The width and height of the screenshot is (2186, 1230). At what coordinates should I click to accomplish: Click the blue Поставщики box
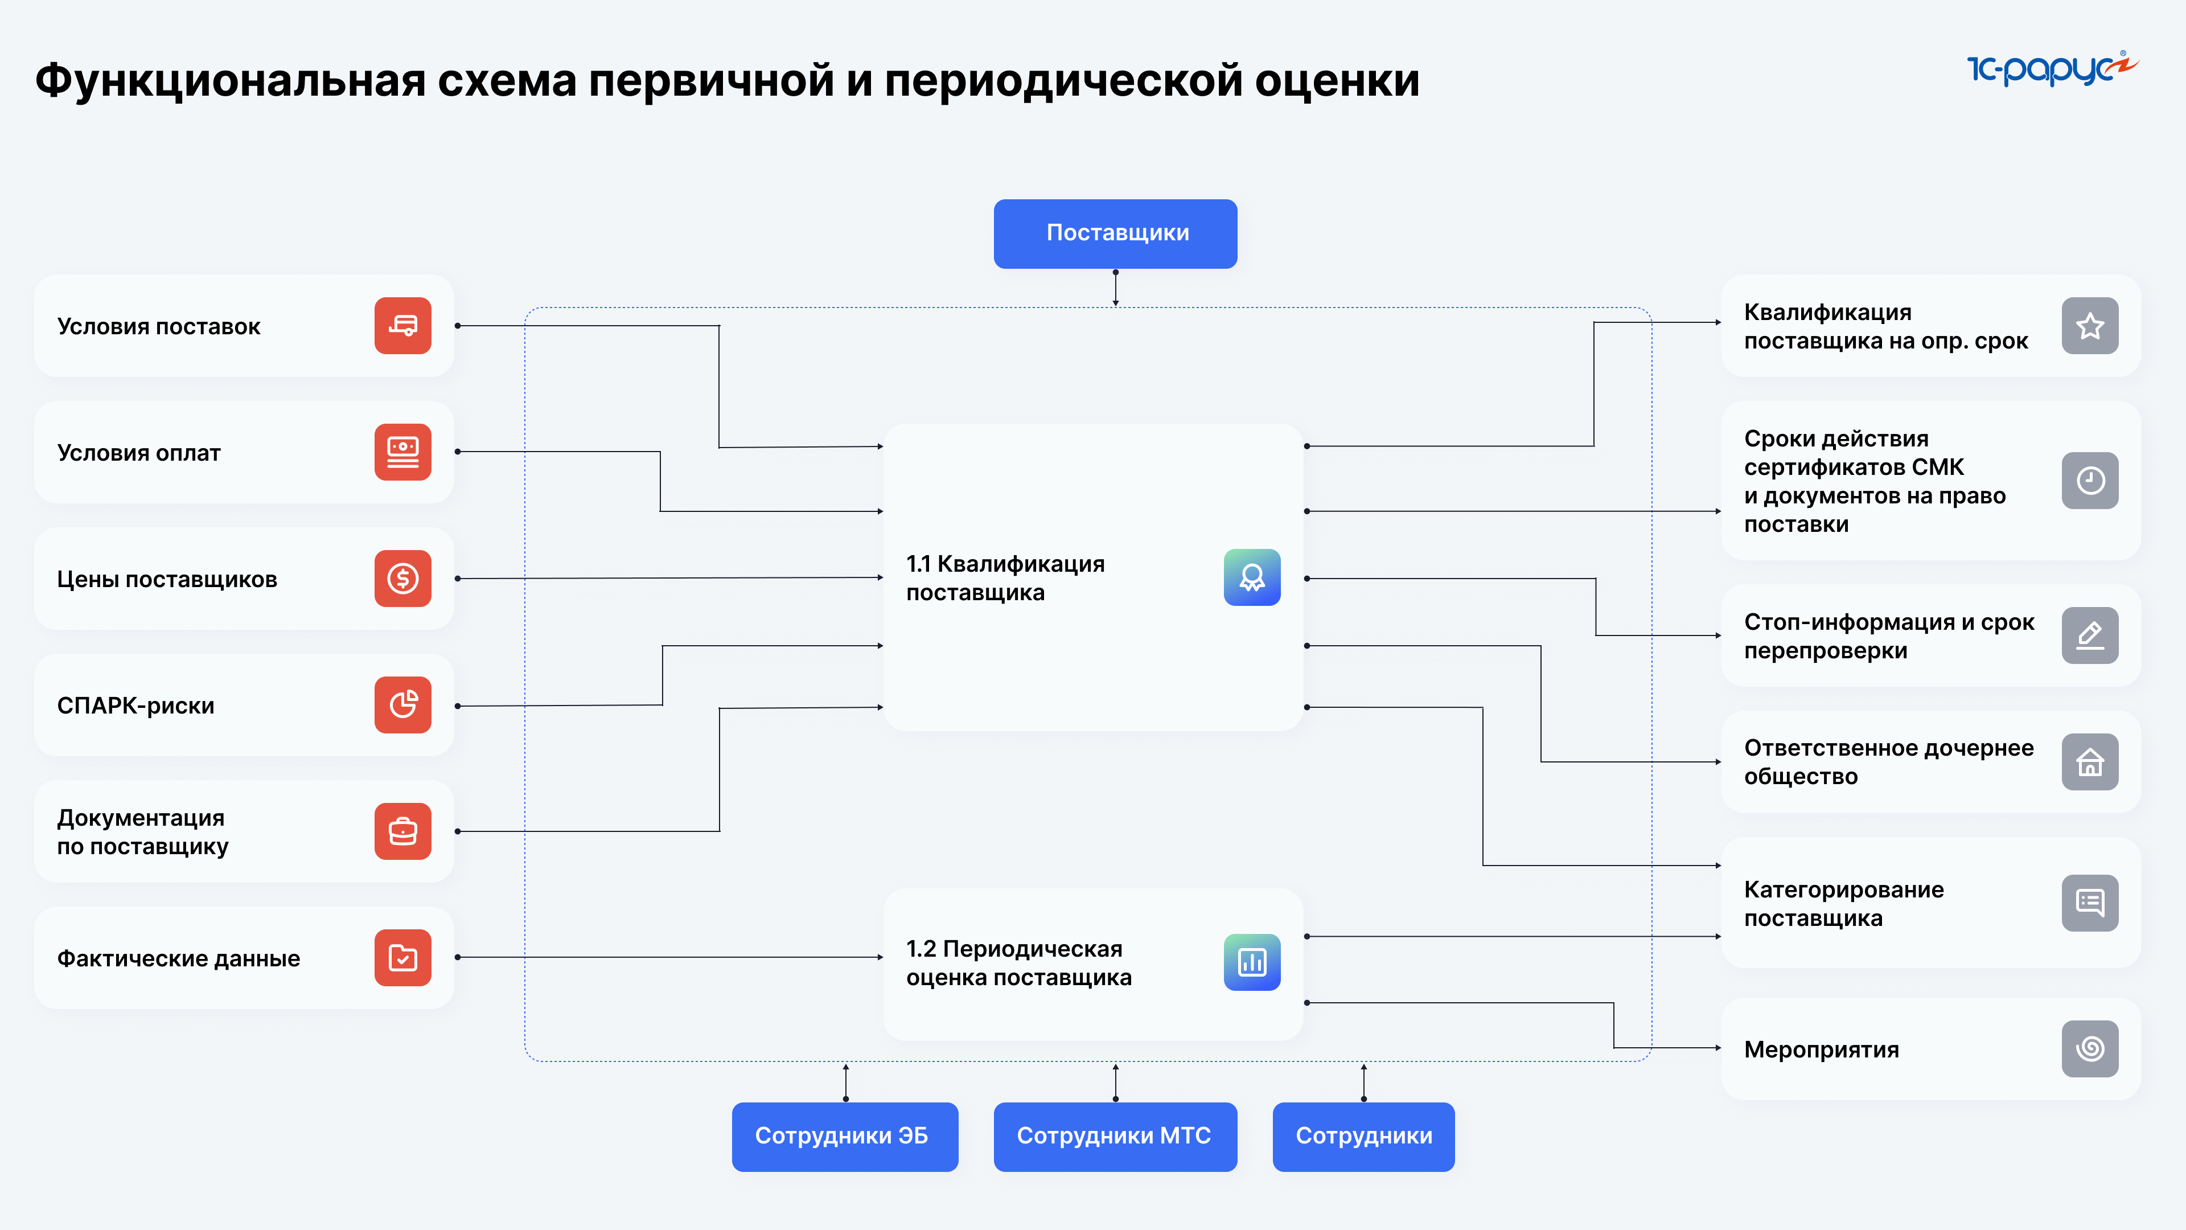1115,233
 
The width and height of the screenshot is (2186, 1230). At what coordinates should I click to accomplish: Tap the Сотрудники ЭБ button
844,1136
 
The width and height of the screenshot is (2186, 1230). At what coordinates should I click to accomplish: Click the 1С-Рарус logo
2052,68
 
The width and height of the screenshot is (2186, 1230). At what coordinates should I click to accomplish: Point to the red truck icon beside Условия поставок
402,325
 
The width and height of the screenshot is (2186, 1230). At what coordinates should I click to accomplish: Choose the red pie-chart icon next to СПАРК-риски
402,704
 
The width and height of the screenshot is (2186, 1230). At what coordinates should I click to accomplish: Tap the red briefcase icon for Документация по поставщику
402,831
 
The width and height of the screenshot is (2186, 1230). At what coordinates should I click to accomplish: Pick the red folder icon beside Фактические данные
402,957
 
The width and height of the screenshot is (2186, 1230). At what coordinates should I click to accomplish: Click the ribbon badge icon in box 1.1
1252,577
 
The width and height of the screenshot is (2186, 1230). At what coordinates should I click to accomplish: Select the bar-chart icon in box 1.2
1252,962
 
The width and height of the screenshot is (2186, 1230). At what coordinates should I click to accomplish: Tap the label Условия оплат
138,453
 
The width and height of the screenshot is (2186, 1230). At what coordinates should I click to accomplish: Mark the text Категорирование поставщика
1843,903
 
